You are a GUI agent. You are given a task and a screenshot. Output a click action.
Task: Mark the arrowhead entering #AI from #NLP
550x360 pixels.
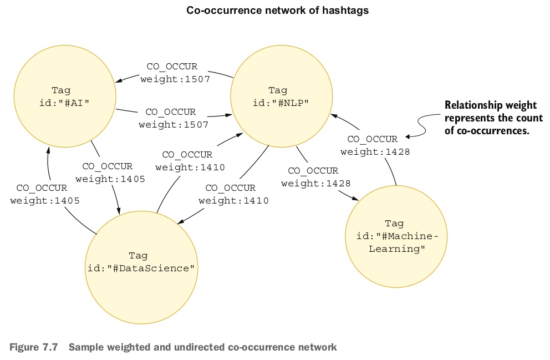click(119, 82)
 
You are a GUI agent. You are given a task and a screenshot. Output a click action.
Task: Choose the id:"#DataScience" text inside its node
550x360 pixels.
click(141, 268)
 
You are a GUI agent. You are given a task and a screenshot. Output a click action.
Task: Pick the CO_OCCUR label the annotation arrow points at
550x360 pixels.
click(372, 139)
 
